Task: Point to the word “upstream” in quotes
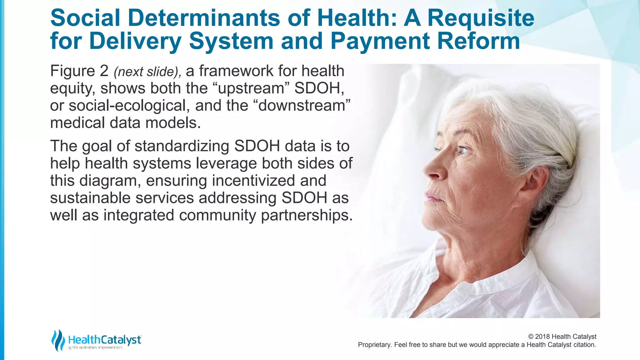[251, 88]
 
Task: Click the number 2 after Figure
[104, 71]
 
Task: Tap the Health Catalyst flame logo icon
[58, 340]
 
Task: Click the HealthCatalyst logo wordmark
[105, 340]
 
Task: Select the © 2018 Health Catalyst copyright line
[562, 337]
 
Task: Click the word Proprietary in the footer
[374, 345]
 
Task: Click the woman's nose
[431, 170]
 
